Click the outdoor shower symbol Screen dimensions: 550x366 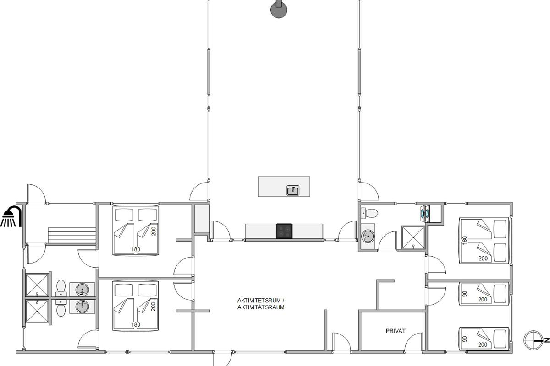11,216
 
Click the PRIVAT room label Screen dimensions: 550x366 396,331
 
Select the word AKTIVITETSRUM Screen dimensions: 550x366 259,300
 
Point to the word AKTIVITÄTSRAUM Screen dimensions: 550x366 261,307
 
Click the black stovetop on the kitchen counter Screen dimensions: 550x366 284,231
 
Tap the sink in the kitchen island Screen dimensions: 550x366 293,190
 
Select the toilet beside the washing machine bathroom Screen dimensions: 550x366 369,213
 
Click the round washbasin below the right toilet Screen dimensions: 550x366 368,237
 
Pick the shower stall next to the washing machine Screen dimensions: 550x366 413,237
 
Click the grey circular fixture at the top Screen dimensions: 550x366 279,9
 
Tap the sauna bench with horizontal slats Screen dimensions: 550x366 71,235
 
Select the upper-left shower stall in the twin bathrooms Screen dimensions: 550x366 37,285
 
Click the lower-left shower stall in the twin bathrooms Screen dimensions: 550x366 37,312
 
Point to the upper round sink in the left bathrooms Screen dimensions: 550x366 82,290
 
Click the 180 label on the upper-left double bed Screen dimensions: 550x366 136,249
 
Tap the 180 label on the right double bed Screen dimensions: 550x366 464,240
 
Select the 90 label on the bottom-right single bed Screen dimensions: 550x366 465,339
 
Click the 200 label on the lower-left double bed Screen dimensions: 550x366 154,307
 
